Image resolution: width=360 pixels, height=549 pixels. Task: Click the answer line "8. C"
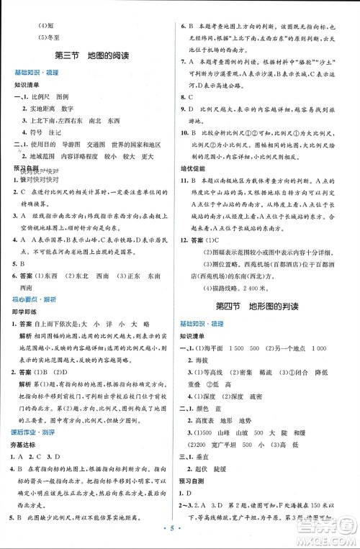[x=191, y=96]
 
